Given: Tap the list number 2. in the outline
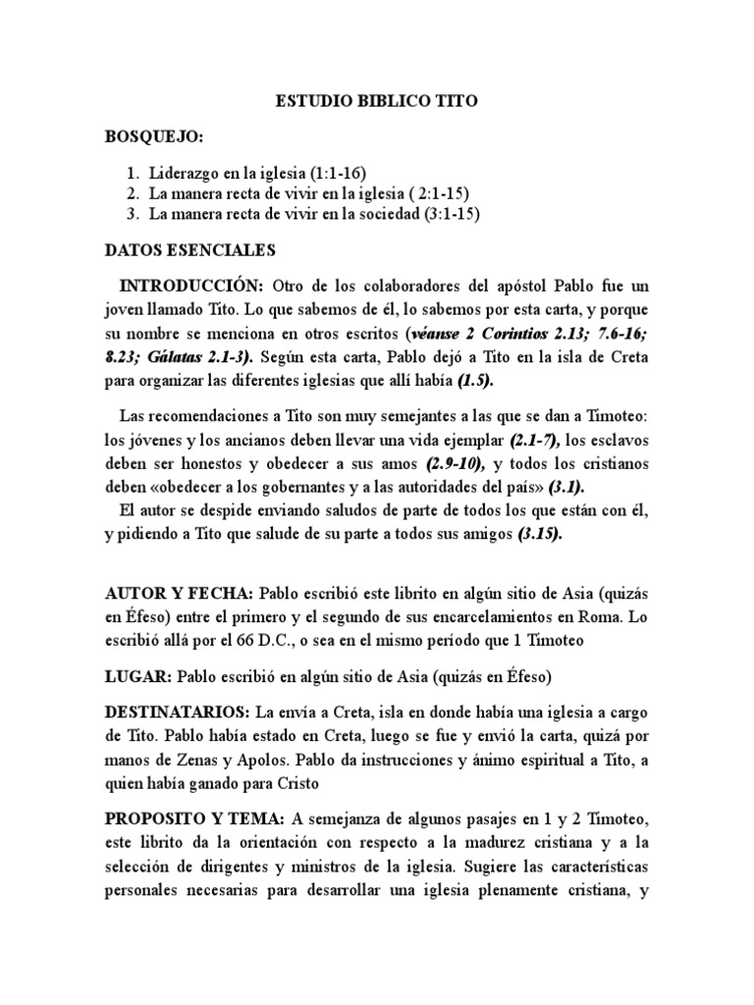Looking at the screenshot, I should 135,193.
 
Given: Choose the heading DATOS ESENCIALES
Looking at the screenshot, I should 191,251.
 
